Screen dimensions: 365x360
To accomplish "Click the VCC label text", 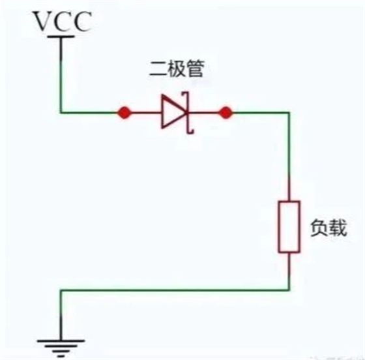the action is [63, 22].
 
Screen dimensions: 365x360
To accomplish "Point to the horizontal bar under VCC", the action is [61, 37].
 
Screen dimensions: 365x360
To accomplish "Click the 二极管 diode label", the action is [177, 68].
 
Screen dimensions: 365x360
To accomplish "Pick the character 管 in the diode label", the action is [196, 68].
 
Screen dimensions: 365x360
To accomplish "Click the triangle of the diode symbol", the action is [174, 112].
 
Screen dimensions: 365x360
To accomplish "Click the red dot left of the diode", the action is [124, 113].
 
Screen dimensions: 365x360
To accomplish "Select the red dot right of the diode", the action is [226, 113].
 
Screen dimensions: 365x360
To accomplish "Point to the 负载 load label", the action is [328, 228].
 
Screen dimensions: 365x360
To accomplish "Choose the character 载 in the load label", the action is [338, 228].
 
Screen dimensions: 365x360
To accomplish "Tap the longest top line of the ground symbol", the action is [61, 340].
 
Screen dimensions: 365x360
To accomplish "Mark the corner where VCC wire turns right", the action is [61, 113].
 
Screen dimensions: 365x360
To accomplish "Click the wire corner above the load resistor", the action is [289, 113].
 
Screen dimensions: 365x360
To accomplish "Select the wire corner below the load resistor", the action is [289, 290].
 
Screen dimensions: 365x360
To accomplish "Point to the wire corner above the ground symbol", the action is [61, 290].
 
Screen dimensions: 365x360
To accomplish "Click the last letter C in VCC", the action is [81, 22].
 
